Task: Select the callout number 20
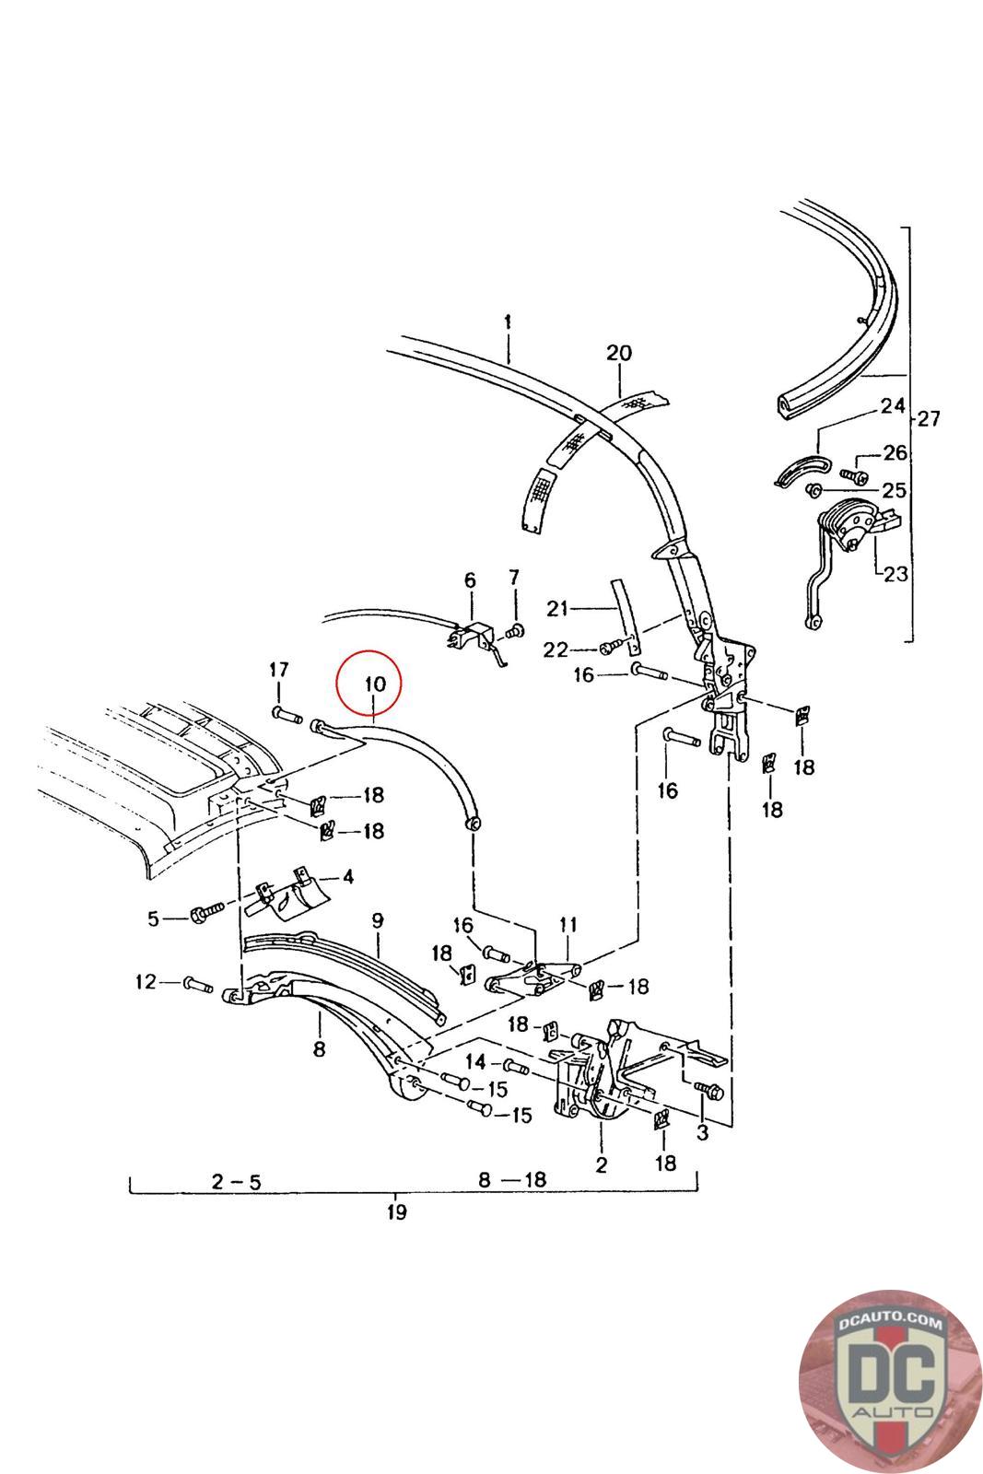(x=619, y=353)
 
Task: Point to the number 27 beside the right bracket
(x=928, y=419)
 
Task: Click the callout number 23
(x=895, y=575)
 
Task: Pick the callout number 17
(x=279, y=669)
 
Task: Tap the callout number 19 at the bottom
(x=396, y=1211)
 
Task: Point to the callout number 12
(x=146, y=982)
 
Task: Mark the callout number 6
(x=470, y=580)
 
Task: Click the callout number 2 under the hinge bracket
(x=601, y=1164)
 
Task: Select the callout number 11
(x=568, y=923)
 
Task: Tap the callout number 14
(x=474, y=1059)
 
